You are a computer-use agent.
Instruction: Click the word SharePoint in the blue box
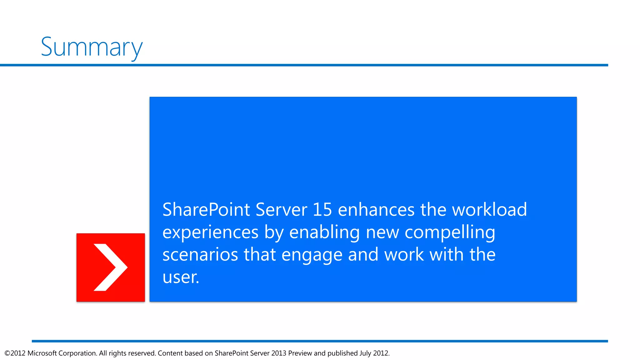pyautogui.click(x=206, y=209)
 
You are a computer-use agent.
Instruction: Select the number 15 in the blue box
pyautogui.click(x=322, y=209)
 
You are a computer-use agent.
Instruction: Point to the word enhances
pyautogui.click(x=376, y=209)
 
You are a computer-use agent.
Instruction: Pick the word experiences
pyautogui.click(x=210, y=232)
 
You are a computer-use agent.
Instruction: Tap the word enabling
pyautogui.click(x=324, y=232)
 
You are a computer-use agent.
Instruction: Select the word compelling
pyautogui.click(x=450, y=232)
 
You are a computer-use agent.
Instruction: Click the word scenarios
pyautogui.click(x=200, y=255)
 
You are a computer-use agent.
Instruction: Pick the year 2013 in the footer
pyautogui.click(x=279, y=353)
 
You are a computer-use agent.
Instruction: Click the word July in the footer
pyautogui.click(x=365, y=353)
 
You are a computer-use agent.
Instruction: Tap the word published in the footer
pyautogui.click(x=342, y=353)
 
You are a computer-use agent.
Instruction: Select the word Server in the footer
pyautogui.click(x=260, y=353)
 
